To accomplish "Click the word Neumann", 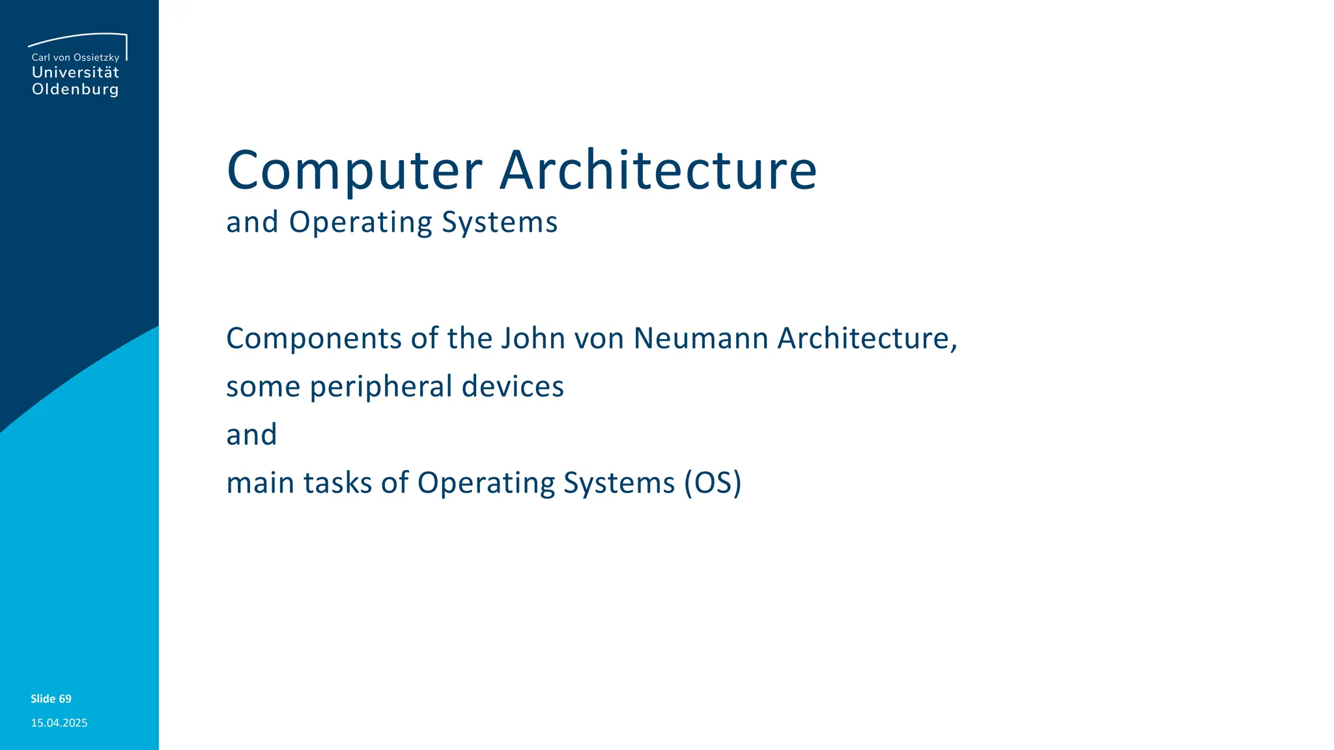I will tap(701, 339).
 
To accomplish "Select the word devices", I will tap(513, 387).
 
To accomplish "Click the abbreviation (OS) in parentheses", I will tap(713, 483).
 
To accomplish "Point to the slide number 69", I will tap(64, 699).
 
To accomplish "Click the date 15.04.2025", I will tap(59, 723).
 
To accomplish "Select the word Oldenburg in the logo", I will tap(76, 89).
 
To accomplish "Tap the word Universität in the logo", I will tap(76, 72).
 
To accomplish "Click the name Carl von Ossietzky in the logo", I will tap(76, 57).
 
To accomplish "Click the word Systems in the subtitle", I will tap(500, 223).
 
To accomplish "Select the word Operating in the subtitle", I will tap(360, 223).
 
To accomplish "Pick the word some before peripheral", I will tap(263, 387).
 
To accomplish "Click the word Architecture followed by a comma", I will tap(866, 339).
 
